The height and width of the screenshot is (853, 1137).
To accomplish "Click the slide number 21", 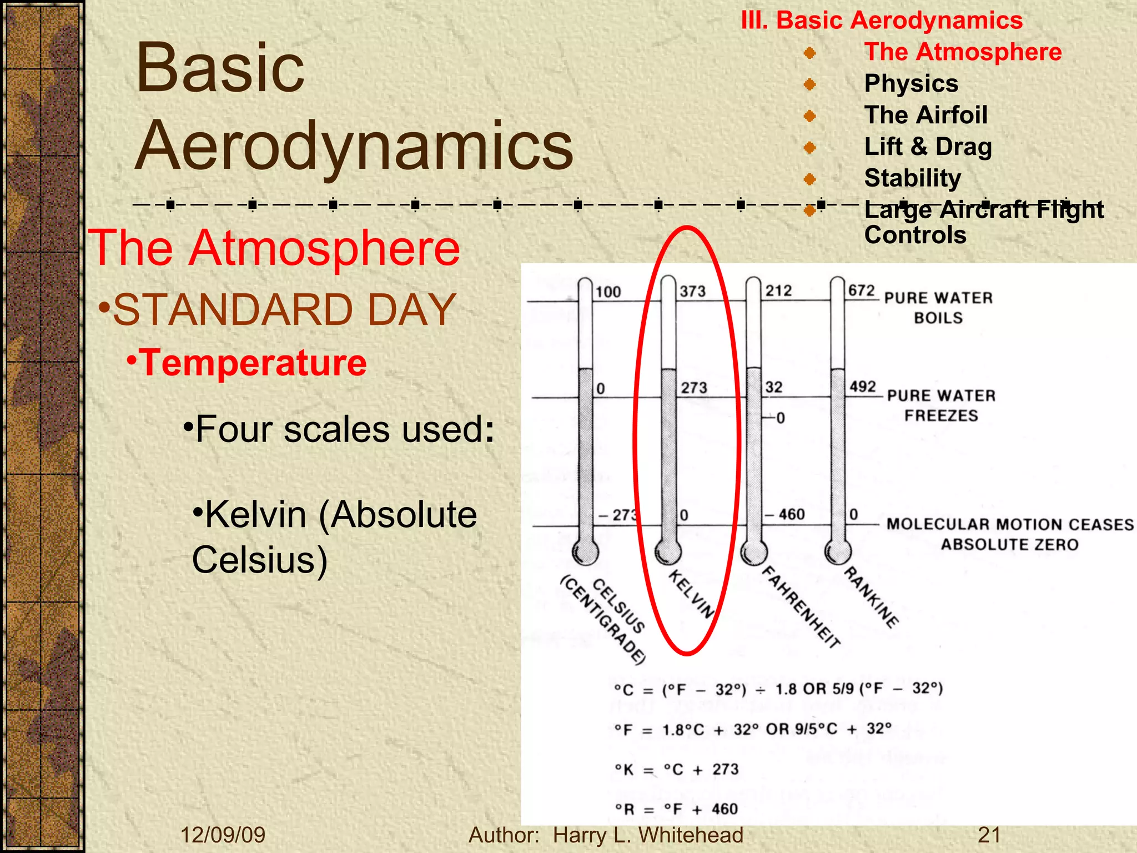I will [989, 835].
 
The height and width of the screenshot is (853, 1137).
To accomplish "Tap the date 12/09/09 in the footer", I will [223, 835].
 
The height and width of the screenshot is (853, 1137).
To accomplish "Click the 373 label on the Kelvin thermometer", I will [693, 291].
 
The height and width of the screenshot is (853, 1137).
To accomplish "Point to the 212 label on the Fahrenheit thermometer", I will [778, 290].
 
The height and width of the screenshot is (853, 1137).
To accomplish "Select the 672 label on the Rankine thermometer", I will [861, 290].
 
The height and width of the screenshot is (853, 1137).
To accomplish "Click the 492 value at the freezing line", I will [862, 387].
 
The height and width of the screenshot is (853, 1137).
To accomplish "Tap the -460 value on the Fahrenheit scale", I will [784, 514].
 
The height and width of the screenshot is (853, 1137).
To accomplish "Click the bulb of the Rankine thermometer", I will [837, 551].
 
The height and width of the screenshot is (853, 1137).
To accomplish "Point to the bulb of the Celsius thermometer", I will [585, 552].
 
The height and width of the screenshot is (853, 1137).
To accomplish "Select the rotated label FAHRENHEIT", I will [800, 607].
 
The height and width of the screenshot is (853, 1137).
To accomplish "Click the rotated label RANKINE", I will [871, 598].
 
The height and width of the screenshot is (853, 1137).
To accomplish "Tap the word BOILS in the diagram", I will [938, 318].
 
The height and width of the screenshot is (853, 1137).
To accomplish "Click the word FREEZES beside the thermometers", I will [941, 415].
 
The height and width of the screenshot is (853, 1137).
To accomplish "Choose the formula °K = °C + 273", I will [676, 770].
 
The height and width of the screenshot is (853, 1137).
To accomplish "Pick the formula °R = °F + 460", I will [676, 809].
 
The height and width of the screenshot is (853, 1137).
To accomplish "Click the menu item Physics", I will [911, 83].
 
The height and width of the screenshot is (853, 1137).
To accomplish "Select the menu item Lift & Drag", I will [928, 147].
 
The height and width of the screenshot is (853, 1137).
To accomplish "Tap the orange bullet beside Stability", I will [810, 179].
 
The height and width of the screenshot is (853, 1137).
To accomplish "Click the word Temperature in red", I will [253, 363].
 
